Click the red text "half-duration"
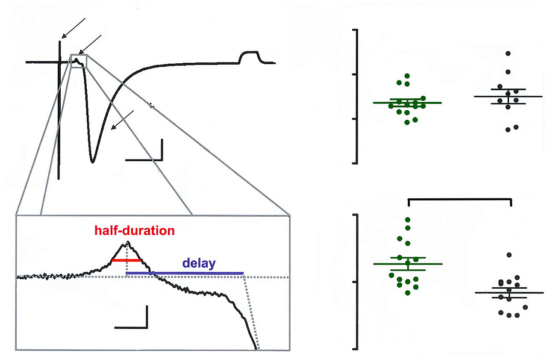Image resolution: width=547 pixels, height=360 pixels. tap(135, 231)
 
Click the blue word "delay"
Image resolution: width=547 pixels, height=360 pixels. tap(199, 263)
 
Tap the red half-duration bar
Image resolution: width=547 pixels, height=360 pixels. tap(126, 260)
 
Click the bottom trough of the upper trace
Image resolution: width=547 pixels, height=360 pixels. tap(92, 162)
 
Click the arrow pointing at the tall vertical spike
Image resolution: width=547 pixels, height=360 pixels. tap(73, 28)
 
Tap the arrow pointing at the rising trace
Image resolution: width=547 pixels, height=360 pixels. tap(122, 120)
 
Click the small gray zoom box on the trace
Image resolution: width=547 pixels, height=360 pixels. tap(79, 61)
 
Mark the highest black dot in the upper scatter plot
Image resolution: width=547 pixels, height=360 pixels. tap(508, 53)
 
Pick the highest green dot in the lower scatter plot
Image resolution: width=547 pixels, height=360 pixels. tap(408, 220)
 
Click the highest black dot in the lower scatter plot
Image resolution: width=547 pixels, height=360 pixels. tap(509, 255)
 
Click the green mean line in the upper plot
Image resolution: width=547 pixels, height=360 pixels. tap(407, 103)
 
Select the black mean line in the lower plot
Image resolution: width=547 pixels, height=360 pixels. tap(509, 293)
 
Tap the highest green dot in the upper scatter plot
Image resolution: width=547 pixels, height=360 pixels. tap(408, 76)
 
